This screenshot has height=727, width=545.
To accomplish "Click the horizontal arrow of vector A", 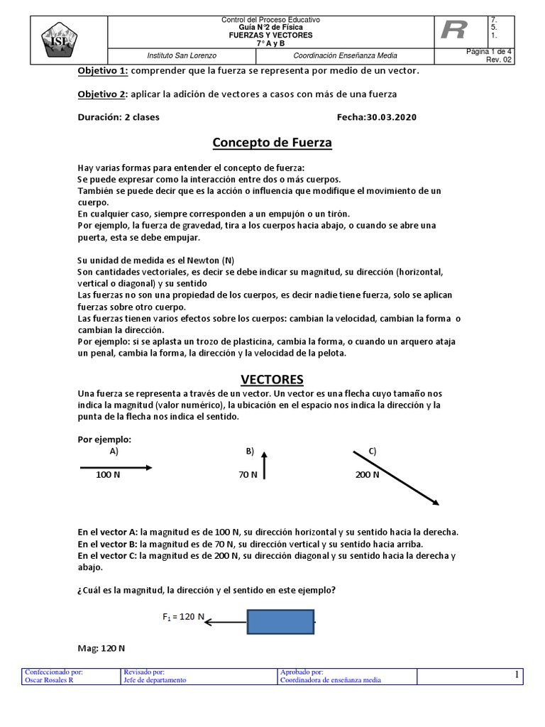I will tap(116, 467).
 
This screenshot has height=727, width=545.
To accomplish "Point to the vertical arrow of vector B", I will tap(264, 467).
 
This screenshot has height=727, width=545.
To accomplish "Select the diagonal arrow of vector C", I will tap(396, 477).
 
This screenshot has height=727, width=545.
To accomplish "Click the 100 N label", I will tap(108, 475).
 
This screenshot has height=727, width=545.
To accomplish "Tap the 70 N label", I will tap(248, 475).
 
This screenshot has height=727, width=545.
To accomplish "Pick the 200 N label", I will tap(367, 475).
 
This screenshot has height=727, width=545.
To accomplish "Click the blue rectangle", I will tap(280, 622).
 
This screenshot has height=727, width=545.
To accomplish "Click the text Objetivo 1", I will tap(101, 71).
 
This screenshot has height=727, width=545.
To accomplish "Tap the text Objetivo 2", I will tap(101, 94).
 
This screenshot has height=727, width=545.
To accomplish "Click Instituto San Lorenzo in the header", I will tap(182, 55).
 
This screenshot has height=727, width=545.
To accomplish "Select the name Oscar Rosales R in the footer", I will tap(52, 679).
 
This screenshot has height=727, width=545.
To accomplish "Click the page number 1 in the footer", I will tap(517, 675).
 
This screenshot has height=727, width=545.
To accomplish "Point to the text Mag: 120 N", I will tap(101, 648).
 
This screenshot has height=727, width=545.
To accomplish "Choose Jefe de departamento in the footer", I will tap(155, 679).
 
